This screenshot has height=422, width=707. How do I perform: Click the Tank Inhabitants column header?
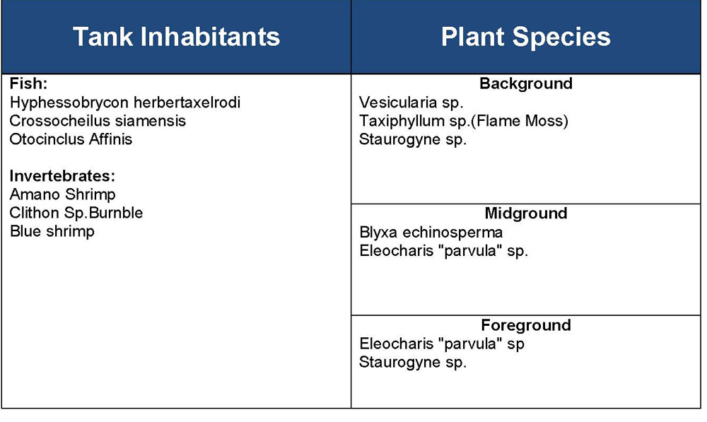(176, 37)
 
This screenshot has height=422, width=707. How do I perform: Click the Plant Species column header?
(526, 37)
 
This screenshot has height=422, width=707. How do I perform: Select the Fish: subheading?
(28, 83)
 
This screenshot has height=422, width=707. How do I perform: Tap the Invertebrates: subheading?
(62, 176)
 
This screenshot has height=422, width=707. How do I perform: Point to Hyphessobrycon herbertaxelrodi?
(125, 102)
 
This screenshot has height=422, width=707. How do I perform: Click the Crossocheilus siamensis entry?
(98, 121)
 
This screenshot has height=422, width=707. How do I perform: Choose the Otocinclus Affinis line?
(71, 139)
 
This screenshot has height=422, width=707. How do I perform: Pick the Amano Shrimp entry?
(63, 195)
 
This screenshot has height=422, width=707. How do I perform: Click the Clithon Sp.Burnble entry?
(76, 213)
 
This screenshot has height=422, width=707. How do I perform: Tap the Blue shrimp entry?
(52, 231)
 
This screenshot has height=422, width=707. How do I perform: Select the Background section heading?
(526, 83)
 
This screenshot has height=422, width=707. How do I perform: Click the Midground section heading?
(526, 213)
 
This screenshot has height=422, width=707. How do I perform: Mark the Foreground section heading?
(526, 325)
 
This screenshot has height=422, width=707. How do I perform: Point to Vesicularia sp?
(411, 102)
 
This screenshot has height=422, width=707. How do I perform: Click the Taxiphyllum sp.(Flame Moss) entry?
(464, 122)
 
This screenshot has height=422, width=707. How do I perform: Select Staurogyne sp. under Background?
(413, 140)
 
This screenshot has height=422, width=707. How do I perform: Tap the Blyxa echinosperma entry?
(431, 233)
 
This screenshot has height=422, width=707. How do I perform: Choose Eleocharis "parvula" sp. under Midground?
(443, 251)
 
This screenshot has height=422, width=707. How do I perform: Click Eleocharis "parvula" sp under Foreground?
(442, 344)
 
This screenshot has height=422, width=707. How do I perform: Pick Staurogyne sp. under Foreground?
(413, 363)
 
